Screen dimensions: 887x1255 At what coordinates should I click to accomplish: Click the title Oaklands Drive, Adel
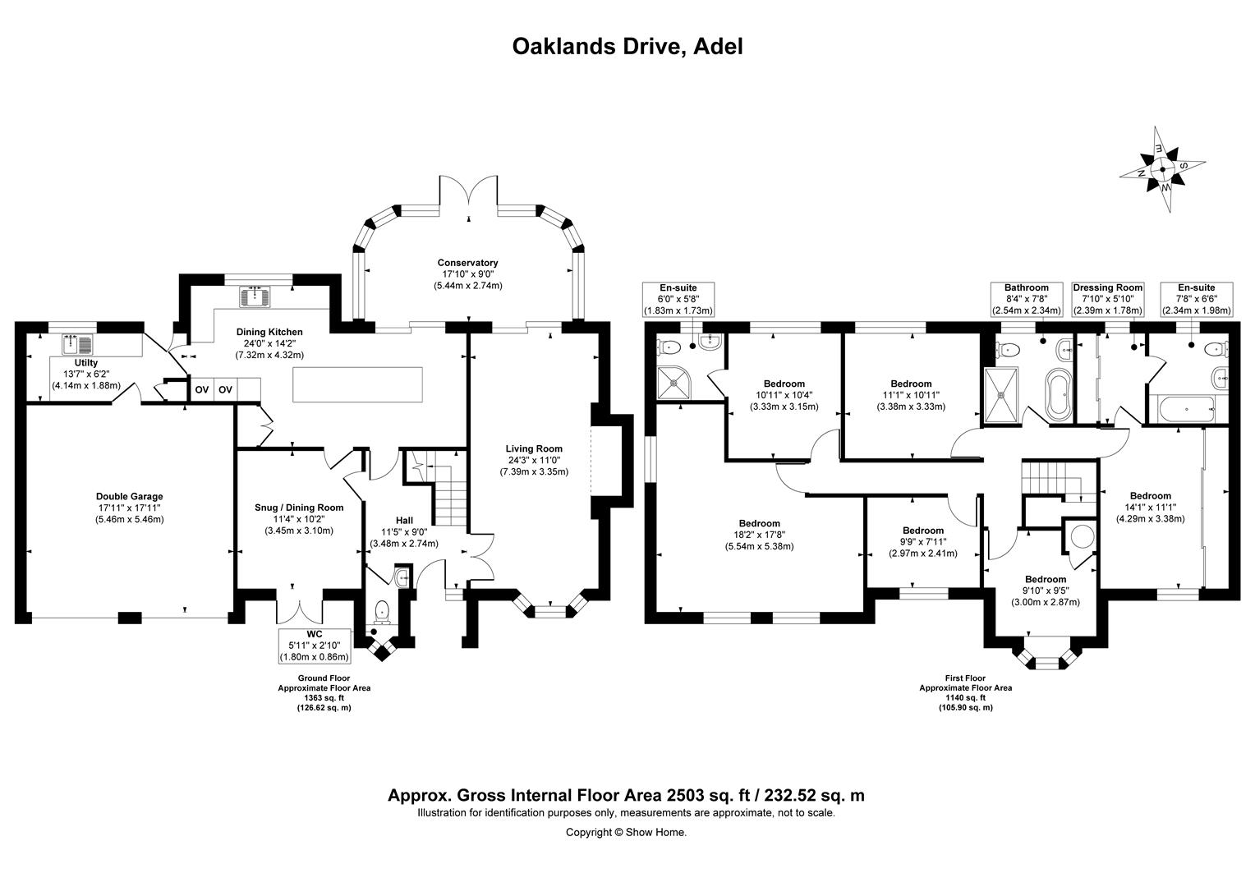(x=627, y=46)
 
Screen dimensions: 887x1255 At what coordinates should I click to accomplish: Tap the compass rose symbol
(x=1162, y=170)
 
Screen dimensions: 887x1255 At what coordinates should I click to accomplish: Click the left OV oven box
(x=201, y=389)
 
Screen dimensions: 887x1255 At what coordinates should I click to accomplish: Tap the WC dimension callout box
(x=315, y=646)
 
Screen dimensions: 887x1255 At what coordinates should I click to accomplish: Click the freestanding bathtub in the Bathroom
(x=1057, y=396)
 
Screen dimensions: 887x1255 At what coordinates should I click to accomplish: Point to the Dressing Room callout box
(x=1107, y=299)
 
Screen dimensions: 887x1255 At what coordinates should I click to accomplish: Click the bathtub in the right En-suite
(x=1188, y=407)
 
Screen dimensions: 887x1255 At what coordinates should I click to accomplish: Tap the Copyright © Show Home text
(x=626, y=832)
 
